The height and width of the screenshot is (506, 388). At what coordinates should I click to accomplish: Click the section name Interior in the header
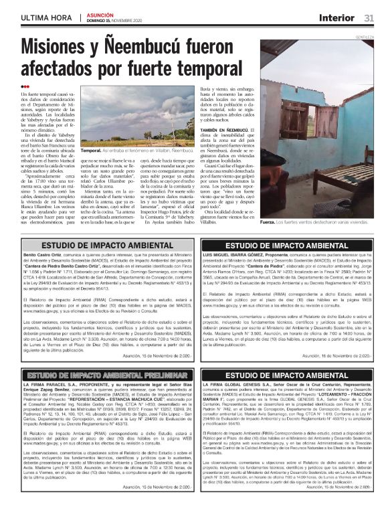336,17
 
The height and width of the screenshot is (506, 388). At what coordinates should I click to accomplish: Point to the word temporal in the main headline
189,70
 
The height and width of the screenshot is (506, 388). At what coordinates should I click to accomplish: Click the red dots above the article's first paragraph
25,86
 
